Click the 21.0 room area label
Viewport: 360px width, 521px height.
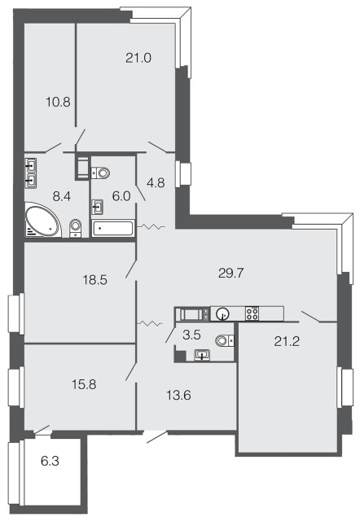(x=138, y=58)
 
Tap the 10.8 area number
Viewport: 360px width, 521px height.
(x=58, y=102)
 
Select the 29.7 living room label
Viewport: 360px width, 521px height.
(x=231, y=274)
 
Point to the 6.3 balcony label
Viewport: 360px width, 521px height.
(x=50, y=462)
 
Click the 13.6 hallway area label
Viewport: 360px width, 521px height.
(x=178, y=396)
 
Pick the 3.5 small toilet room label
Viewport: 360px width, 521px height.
(x=191, y=335)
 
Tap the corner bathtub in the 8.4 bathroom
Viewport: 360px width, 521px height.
(x=42, y=220)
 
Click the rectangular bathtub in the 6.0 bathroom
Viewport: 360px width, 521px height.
(x=113, y=228)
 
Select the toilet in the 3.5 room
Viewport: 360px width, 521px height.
(x=225, y=340)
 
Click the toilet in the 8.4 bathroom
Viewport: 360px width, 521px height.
(x=76, y=228)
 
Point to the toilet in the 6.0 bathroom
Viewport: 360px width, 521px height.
(x=101, y=173)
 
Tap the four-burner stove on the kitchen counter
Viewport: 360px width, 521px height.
(x=252, y=313)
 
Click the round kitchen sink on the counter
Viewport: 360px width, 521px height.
(x=222, y=313)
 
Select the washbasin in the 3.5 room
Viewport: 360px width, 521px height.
(x=202, y=355)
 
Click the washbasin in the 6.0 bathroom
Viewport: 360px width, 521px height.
(x=97, y=207)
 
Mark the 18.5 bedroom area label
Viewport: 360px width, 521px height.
(x=94, y=280)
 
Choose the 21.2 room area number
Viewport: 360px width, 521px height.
(x=287, y=341)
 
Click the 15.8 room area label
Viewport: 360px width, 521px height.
(x=84, y=384)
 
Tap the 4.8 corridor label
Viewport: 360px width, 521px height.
(x=156, y=182)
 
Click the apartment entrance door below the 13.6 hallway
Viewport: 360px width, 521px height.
(x=156, y=436)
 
